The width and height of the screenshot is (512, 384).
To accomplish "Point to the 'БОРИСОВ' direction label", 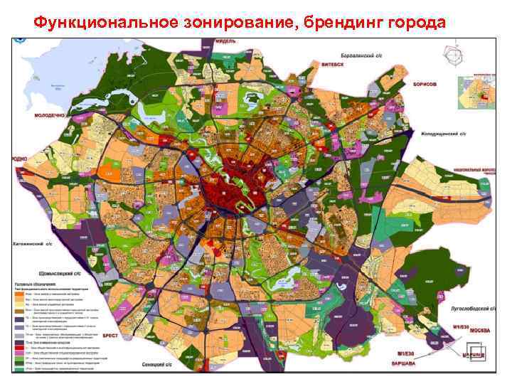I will point(425,83).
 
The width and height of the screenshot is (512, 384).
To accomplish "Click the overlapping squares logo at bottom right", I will point(476,353).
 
